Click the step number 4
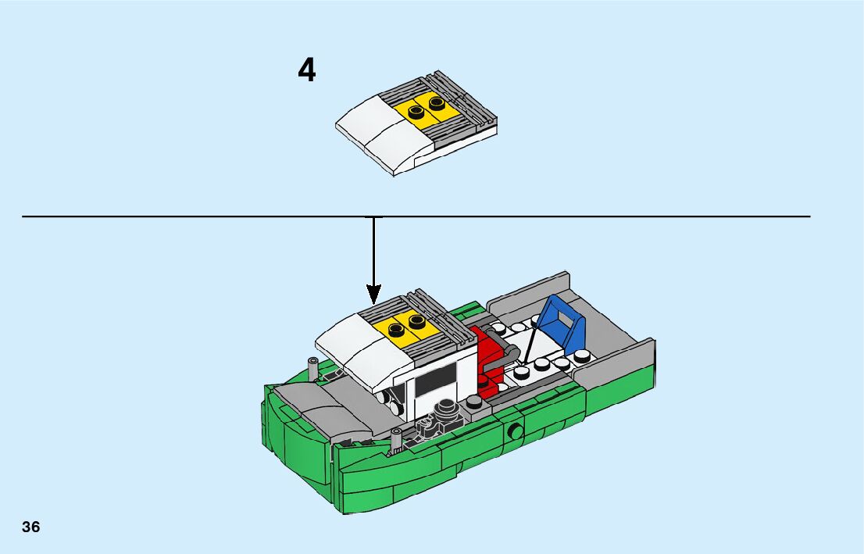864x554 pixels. (307, 70)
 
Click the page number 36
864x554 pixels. (30, 527)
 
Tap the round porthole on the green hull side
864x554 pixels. (515, 431)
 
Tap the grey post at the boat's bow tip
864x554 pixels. (395, 441)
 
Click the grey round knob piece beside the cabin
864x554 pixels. (448, 409)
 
